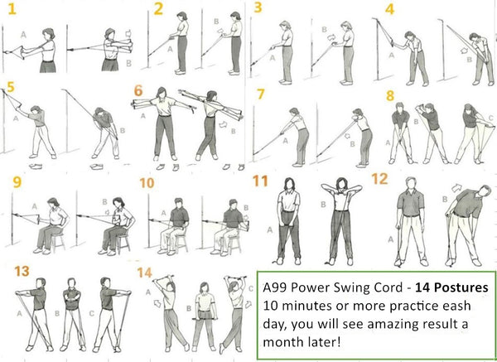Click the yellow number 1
[12, 11]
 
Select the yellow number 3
[259, 9]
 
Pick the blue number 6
[138, 91]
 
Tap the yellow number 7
[260, 94]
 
